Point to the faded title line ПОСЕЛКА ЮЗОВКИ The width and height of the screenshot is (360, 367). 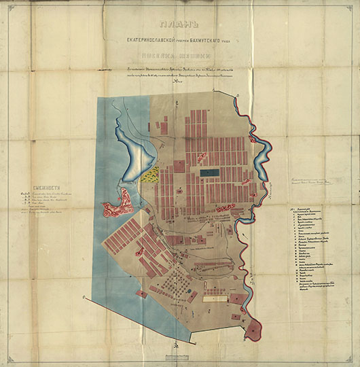pyautogui.click(x=180, y=57)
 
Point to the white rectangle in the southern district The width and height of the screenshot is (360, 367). pyautogui.click(x=216, y=296)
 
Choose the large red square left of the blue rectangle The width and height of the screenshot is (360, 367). pyautogui.click(x=179, y=165)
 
